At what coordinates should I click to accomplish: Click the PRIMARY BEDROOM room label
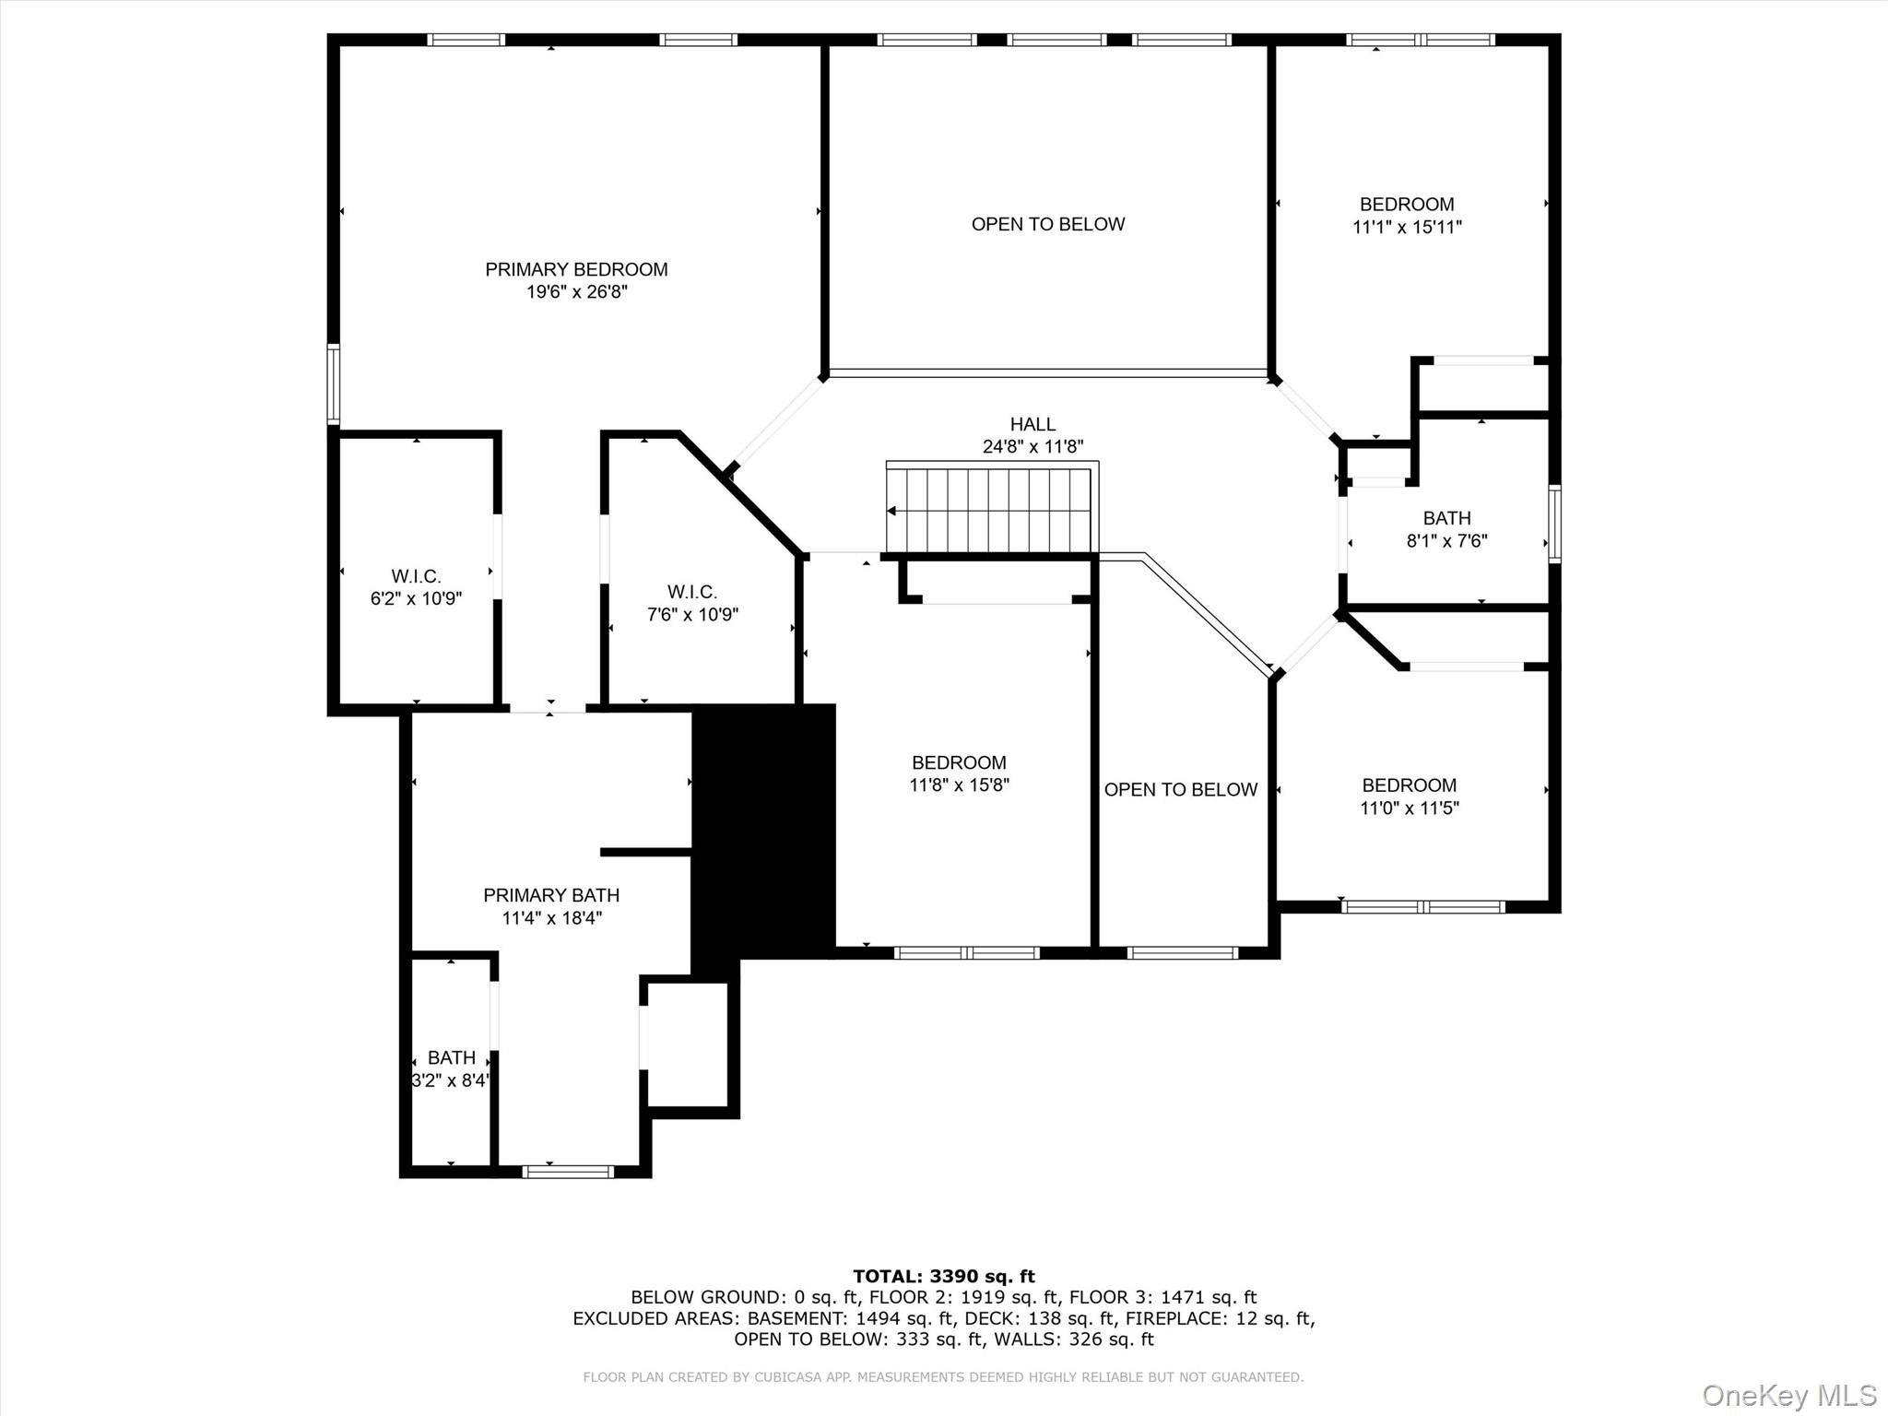(x=576, y=269)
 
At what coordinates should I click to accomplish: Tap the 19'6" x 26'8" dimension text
(x=576, y=292)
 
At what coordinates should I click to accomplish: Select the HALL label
(x=1032, y=424)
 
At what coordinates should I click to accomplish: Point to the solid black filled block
(x=764, y=830)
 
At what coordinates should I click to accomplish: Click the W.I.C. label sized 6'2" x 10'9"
(x=416, y=576)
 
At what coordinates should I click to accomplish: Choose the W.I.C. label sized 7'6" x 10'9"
(x=692, y=592)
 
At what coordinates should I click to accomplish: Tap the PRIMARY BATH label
(x=551, y=895)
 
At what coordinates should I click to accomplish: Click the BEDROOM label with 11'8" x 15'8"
(x=959, y=762)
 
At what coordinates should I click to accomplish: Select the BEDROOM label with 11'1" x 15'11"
(x=1407, y=205)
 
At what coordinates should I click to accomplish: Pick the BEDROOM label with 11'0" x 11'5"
(x=1409, y=785)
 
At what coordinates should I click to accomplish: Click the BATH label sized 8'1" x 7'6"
(x=1446, y=518)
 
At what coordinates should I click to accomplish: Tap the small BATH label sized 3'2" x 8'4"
(x=452, y=1057)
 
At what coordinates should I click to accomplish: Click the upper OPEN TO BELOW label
(x=1048, y=224)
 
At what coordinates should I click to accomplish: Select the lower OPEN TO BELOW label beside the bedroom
(x=1181, y=789)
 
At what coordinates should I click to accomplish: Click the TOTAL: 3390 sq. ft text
(x=943, y=1276)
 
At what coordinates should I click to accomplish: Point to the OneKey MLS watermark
(x=1788, y=1395)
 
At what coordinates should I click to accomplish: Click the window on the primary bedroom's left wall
(x=334, y=384)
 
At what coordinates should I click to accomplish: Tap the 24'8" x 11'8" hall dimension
(x=1032, y=447)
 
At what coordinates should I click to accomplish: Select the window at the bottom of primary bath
(x=568, y=1172)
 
